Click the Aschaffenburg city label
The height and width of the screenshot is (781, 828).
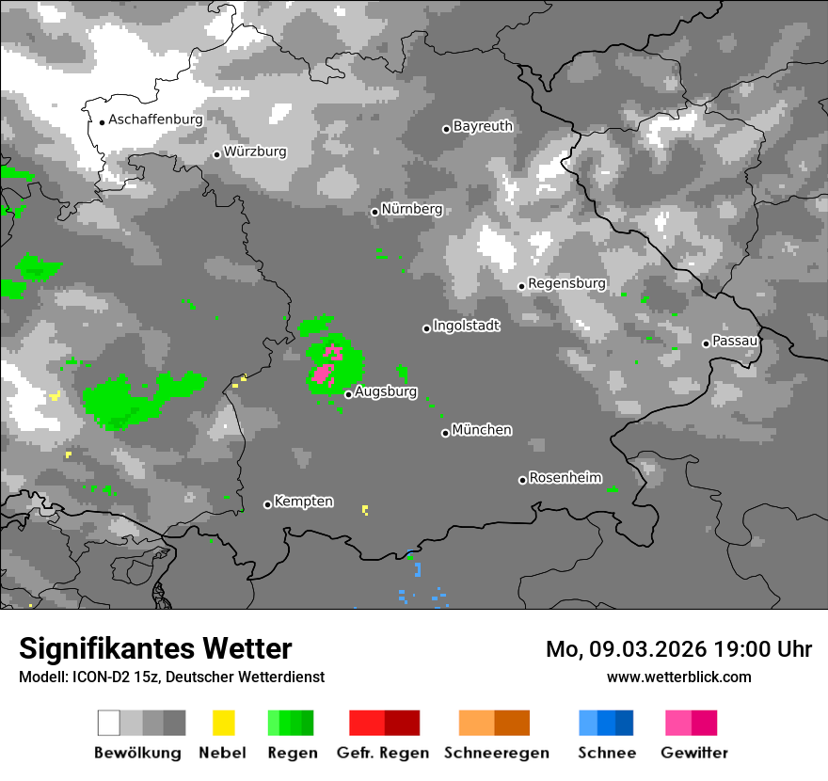pyautogui.click(x=155, y=120)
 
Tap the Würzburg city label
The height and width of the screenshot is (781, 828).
pyautogui.click(x=255, y=151)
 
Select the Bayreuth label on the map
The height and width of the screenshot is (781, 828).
pyautogui.click(x=483, y=126)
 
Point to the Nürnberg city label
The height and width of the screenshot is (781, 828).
pyautogui.click(x=411, y=209)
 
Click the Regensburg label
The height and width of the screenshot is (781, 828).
pyautogui.click(x=566, y=283)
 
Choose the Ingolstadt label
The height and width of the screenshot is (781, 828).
pyautogui.click(x=466, y=326)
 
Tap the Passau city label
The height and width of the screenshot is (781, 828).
pyautogui.click(x=735, y=341)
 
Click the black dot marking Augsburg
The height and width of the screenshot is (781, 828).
pyautogui.click(x=348, y=394)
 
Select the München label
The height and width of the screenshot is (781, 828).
pyautogui.click(x=482, y=430)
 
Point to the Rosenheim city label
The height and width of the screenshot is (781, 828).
pyautogui.click(x=565, y=478)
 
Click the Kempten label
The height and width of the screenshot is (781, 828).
pyautogui.click(x=303, y=502)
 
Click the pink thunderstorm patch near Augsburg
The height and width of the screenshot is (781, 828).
pyautogui.click(x=323, y=375)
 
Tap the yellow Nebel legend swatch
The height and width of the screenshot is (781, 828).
pyautogui.click(x=223, y=723)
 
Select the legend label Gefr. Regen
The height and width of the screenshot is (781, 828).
pyautogui.click(x=383, y=753)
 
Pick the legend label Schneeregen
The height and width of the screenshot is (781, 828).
pyautogui.click(x=497, y=753)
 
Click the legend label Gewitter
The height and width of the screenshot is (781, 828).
pyautogui.click(x=694, y=753)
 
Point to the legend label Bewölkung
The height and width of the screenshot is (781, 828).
pyautogui.click(x=137, y=753)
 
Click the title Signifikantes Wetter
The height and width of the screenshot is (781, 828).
pyautogui.click(x=155, y=649)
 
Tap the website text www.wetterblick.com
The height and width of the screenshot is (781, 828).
pyautogui.click(x=678, y=677)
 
